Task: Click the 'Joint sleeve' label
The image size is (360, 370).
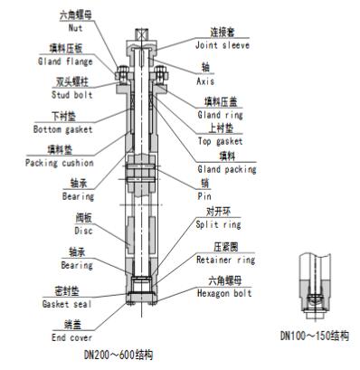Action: click(223, 45)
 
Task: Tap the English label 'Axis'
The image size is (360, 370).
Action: click(205, 81)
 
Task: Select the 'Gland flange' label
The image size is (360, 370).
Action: click(65, 62)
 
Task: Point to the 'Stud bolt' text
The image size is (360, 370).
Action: click(71, 95)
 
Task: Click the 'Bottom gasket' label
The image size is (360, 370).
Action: click(62, 129)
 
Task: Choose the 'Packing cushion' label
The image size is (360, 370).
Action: click(60, 163)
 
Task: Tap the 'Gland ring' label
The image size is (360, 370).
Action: click(220, 115)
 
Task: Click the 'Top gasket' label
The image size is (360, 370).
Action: click(220, 141)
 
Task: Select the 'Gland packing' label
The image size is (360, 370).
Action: click(227, 169)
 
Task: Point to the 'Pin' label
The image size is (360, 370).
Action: click(204, 196)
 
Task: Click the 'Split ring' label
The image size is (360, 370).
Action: click(218, 224)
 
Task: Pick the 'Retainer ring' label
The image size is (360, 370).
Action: click(225, 260)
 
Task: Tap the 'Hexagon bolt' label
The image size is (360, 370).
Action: click(224, 293)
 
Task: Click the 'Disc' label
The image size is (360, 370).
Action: click(83, 231)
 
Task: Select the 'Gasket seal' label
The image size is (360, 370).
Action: click(67, 304)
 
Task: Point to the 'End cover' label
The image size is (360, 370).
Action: click(71, 337)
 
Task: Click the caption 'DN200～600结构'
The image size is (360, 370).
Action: click(118, 355)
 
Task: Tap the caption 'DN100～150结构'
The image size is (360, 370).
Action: click(315, 336)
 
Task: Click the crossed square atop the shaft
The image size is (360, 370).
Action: click(142, 34)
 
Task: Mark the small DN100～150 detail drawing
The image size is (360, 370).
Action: click(315, 287)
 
